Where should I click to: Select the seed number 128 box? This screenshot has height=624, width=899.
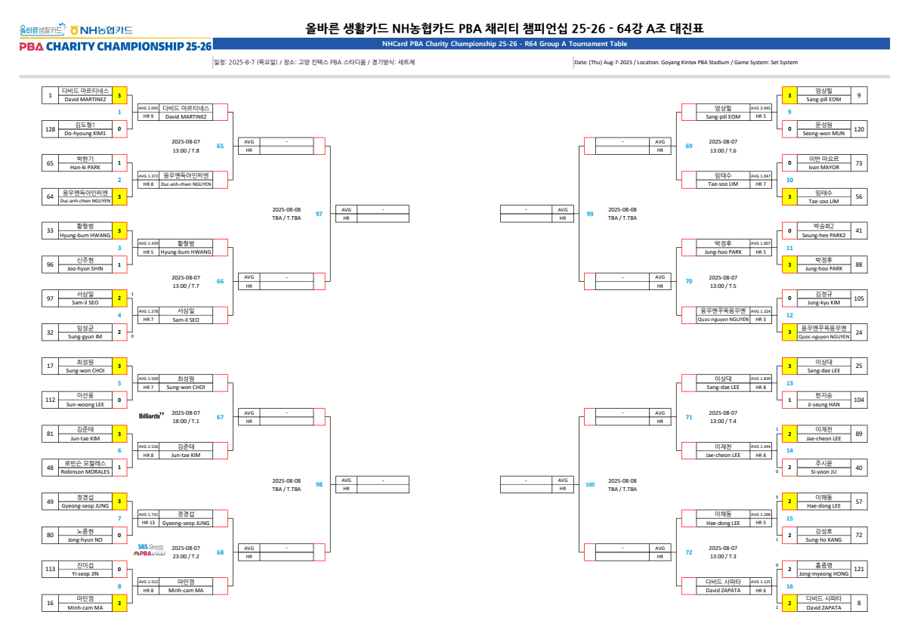tap(51, 129)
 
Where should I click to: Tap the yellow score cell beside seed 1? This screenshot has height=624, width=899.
tap(119, 96)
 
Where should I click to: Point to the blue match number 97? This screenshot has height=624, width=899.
tap(319, 214)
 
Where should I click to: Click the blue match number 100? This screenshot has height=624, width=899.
tap(590, 484)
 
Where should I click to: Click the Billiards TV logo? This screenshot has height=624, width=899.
tap(151, 415)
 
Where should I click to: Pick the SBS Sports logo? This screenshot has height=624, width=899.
tap(150, 546)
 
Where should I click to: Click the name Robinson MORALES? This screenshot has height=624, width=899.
tap(85, 471)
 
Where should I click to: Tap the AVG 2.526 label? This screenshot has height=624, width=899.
tap(147, 446)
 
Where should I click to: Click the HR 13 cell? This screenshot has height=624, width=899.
tap(147, 522)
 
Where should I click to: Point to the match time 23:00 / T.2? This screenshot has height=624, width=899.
tap(186, 556)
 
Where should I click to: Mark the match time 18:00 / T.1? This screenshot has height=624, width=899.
tap(186, 421)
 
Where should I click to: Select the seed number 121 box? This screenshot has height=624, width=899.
tap(859, 569)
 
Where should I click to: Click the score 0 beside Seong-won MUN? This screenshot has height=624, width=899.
tap(789, 129)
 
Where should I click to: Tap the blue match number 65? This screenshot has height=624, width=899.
tap(220, 146)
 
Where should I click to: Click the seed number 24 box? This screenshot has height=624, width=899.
tap(859, 332)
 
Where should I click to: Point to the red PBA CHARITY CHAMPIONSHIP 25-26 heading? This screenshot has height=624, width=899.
tap(116, 47)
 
